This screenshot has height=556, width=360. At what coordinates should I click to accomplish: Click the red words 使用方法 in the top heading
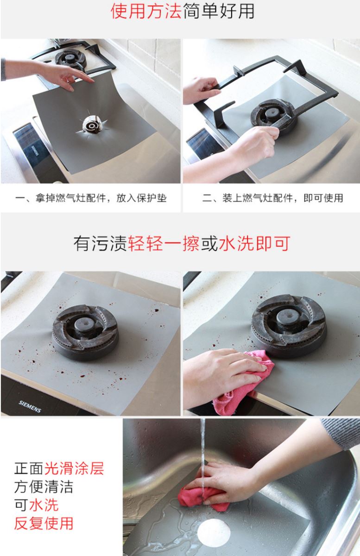point(146,12)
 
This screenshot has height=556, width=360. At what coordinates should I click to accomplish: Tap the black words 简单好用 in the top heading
point(219,12)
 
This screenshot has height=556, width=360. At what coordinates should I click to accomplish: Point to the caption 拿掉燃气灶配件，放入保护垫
point(91,198)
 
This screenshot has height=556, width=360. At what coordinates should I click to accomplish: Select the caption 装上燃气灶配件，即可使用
point(272,198)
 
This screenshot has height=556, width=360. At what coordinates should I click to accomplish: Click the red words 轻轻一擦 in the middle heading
point(164,244)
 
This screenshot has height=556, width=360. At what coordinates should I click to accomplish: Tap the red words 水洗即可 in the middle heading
point(254,244)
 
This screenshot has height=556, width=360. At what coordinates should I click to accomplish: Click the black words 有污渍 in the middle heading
point(100,244)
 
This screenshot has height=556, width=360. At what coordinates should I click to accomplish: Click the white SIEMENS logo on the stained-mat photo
point(30,406)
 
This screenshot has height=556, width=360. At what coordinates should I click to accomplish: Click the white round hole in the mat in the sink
point(214,531)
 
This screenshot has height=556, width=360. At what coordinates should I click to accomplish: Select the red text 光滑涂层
point(74,468)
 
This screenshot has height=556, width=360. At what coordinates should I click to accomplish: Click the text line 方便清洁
point(44,487)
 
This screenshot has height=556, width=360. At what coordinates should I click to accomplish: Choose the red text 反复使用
point(44,524)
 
